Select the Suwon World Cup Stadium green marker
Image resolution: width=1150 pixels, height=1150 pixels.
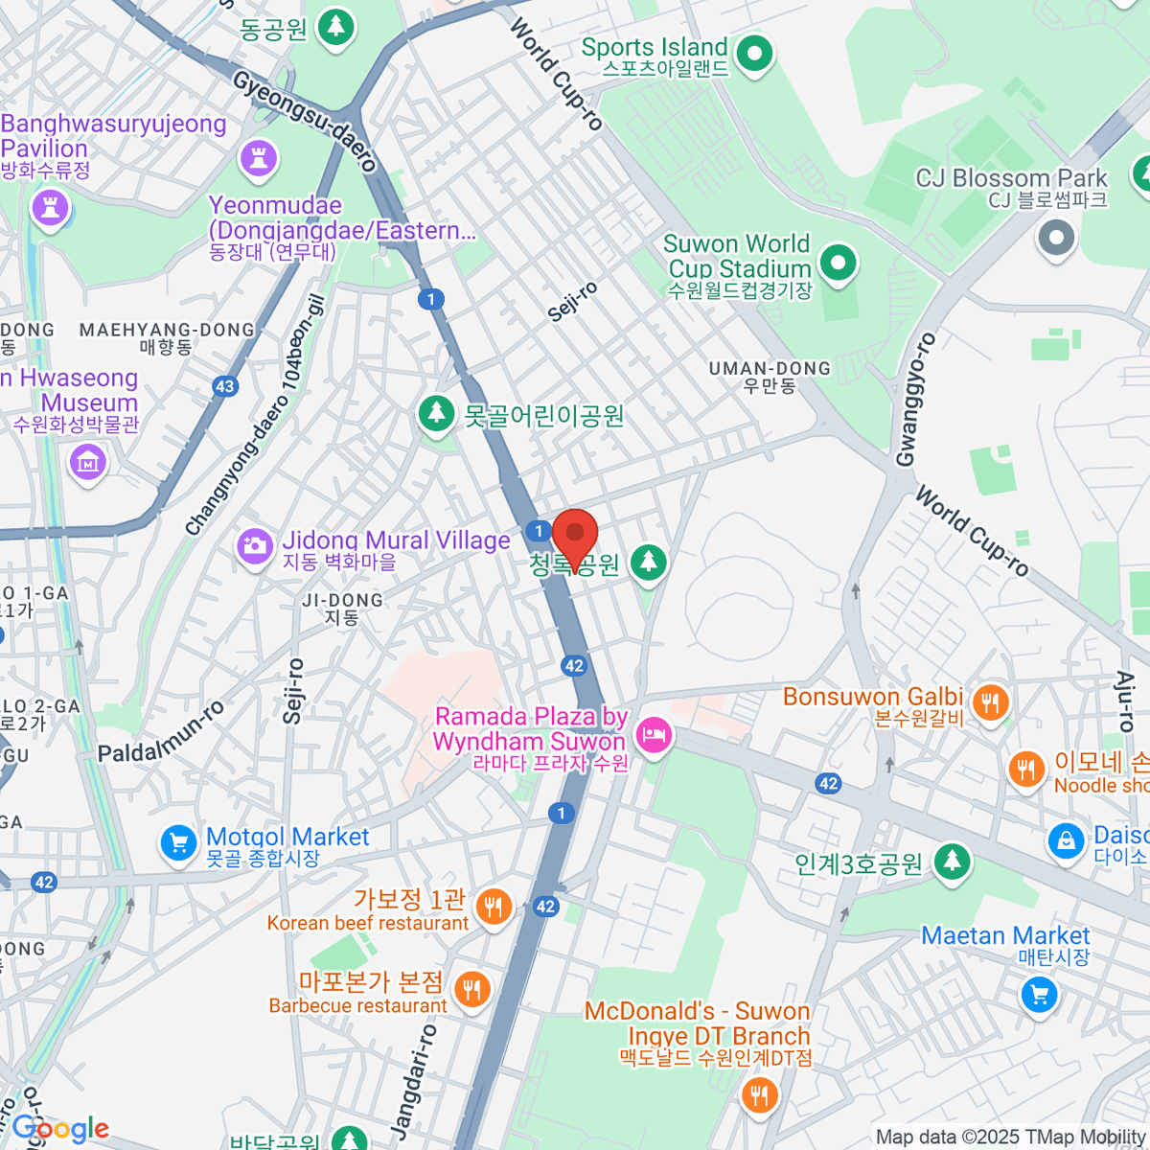839,263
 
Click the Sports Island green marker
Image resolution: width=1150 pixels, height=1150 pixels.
754,53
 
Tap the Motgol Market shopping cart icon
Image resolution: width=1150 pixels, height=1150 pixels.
178,843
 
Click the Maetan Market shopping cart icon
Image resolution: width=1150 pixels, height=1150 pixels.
1039,994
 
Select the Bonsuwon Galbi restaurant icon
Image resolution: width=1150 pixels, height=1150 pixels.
990,703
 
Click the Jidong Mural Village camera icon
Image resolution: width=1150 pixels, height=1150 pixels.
255,547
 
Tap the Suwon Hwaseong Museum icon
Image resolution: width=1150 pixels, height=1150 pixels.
87,463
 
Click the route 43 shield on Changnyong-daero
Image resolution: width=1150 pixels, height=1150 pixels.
224,387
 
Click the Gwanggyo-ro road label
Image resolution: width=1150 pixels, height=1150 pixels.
915,400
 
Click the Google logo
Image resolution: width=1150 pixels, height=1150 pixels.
59,1129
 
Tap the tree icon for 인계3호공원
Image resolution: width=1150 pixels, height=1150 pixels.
951,861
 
